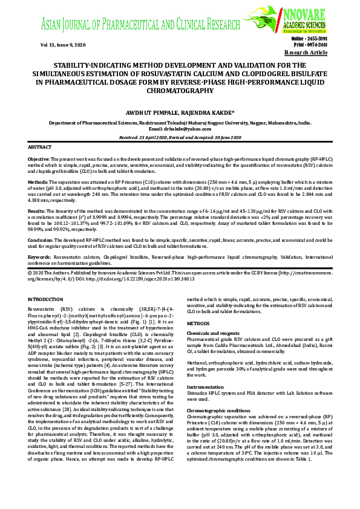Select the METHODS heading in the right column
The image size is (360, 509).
[x=198, y=323]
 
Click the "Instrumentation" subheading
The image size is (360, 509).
[x=205, y=386]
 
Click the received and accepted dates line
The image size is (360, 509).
[x=180, y=137]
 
